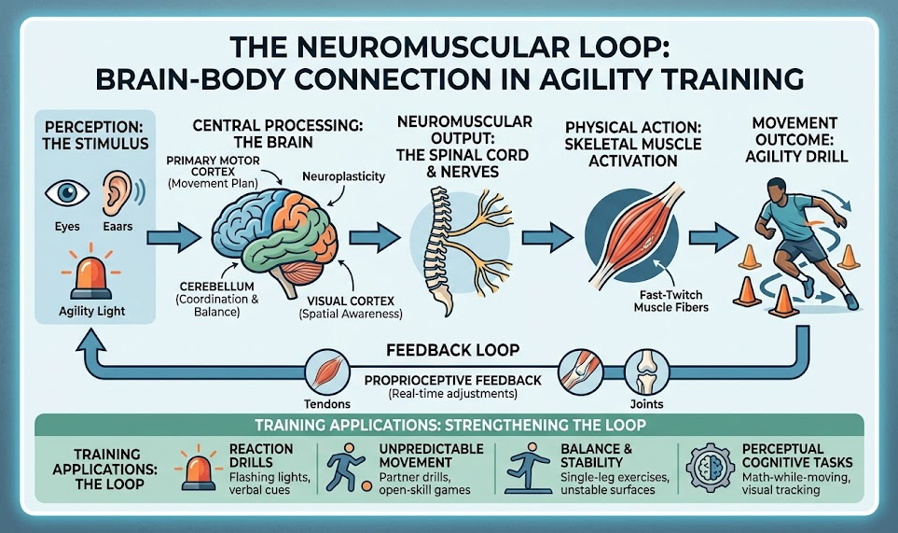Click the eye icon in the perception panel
(67, 193)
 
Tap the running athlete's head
(776, 190)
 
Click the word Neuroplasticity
(343, 176)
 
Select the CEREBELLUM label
(216, 286)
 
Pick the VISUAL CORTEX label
(351, 301)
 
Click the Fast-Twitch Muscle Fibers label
(670, 301)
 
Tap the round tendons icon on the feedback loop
(326, 372)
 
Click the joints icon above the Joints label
(646, 372)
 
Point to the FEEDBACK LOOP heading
(452, 350)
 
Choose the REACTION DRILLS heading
(261, 456)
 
